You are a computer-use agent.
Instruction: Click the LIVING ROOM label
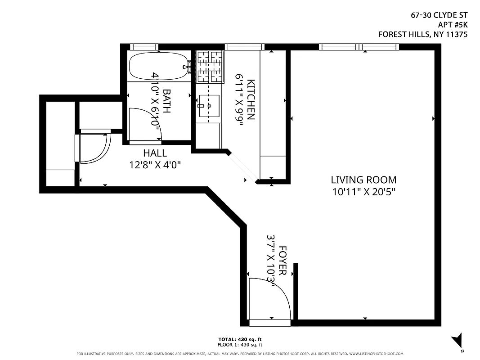click(x=363, y=180)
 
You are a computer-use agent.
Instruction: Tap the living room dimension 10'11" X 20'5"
click(x=363, y=192)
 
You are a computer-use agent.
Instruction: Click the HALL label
click(x=155, y=153)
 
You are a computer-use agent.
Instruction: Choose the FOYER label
click(x=283, y=261)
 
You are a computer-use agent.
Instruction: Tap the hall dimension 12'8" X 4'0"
click(x=155, y=165)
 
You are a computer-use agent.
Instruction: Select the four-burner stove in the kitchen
click(x=210, y=67)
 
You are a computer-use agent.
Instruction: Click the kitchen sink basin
click(x=209, y=106)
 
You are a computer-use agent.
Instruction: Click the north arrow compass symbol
click(x=458, y=340)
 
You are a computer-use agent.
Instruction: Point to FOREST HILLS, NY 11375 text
click(x=422, y=34)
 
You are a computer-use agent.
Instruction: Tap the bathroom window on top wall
click(x=144, y=47)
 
